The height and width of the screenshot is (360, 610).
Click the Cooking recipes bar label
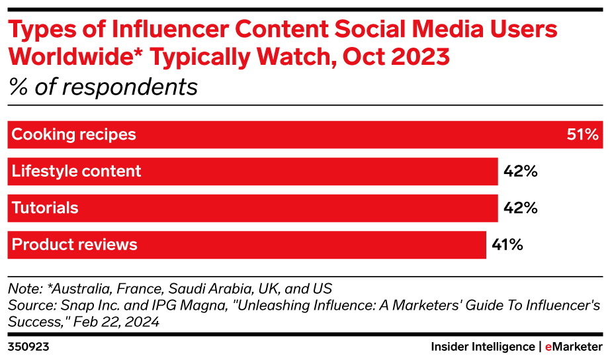click(x=74, y=135)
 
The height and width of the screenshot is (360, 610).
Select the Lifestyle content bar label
click(x=77, y=171)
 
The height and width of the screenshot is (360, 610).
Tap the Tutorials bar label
click(x=45, y=208)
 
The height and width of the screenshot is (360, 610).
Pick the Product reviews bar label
click(x=75, y=244)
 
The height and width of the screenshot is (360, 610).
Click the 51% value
click(x=582, y=135)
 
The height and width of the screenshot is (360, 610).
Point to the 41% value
click(x=507, y=245)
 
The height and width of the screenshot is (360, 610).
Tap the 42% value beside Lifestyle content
click(x=520, y=171)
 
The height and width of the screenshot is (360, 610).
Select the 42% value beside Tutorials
click(x=520, y=208)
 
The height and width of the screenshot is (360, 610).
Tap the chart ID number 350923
click(x=28, y=347)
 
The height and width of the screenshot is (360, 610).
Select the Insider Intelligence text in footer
click(x=482, y=347)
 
